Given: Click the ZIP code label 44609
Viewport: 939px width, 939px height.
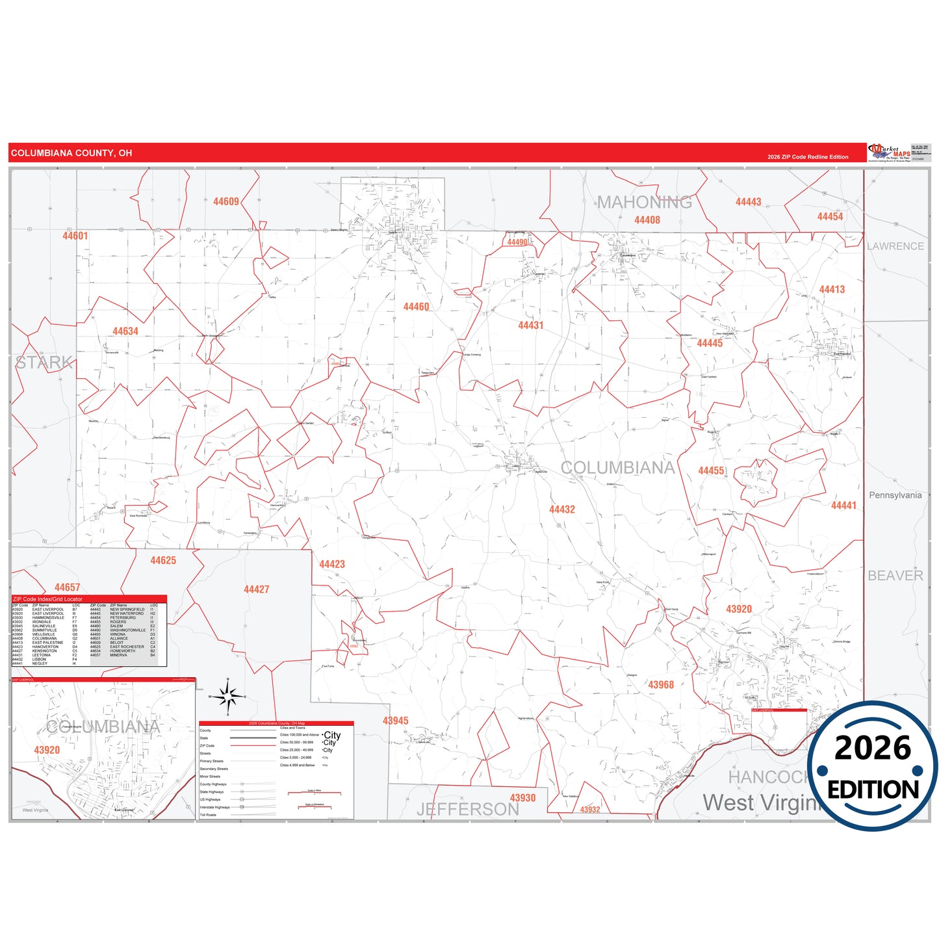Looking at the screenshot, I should coord(226,201).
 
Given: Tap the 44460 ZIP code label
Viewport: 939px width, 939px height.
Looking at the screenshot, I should coord(416,307).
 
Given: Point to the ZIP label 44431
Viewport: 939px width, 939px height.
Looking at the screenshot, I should coord(530,325).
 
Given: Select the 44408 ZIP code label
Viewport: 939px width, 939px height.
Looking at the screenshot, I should coord(647,220).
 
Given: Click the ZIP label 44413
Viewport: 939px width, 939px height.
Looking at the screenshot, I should coord(832,290).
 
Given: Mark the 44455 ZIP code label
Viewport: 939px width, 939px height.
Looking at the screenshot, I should coord(711,470).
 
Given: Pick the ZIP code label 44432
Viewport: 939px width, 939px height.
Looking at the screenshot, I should coord(562,509).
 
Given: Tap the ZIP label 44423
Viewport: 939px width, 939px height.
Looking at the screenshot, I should coord(332,564).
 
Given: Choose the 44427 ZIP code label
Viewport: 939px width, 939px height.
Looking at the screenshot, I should coord(256,589).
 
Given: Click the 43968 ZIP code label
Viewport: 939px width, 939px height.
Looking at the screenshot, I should coord(661,685).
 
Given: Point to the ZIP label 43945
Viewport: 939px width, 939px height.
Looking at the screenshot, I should coord(395,721).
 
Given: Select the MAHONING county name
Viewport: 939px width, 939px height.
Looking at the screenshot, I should coord(645,203).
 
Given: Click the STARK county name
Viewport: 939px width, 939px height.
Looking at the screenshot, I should coord(44,363).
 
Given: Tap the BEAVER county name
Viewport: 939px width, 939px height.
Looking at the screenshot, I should coord(895,576).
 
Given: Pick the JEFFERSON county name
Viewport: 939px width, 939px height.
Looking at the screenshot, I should coord(468,809).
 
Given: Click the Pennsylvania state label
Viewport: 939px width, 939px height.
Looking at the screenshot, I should coord(895,495).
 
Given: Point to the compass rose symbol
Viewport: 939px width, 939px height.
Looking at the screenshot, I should coord(227,697).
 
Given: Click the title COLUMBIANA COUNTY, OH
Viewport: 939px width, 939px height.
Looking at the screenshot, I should coord(71,153).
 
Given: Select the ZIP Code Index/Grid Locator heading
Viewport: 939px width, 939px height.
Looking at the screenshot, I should coord(47,599).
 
